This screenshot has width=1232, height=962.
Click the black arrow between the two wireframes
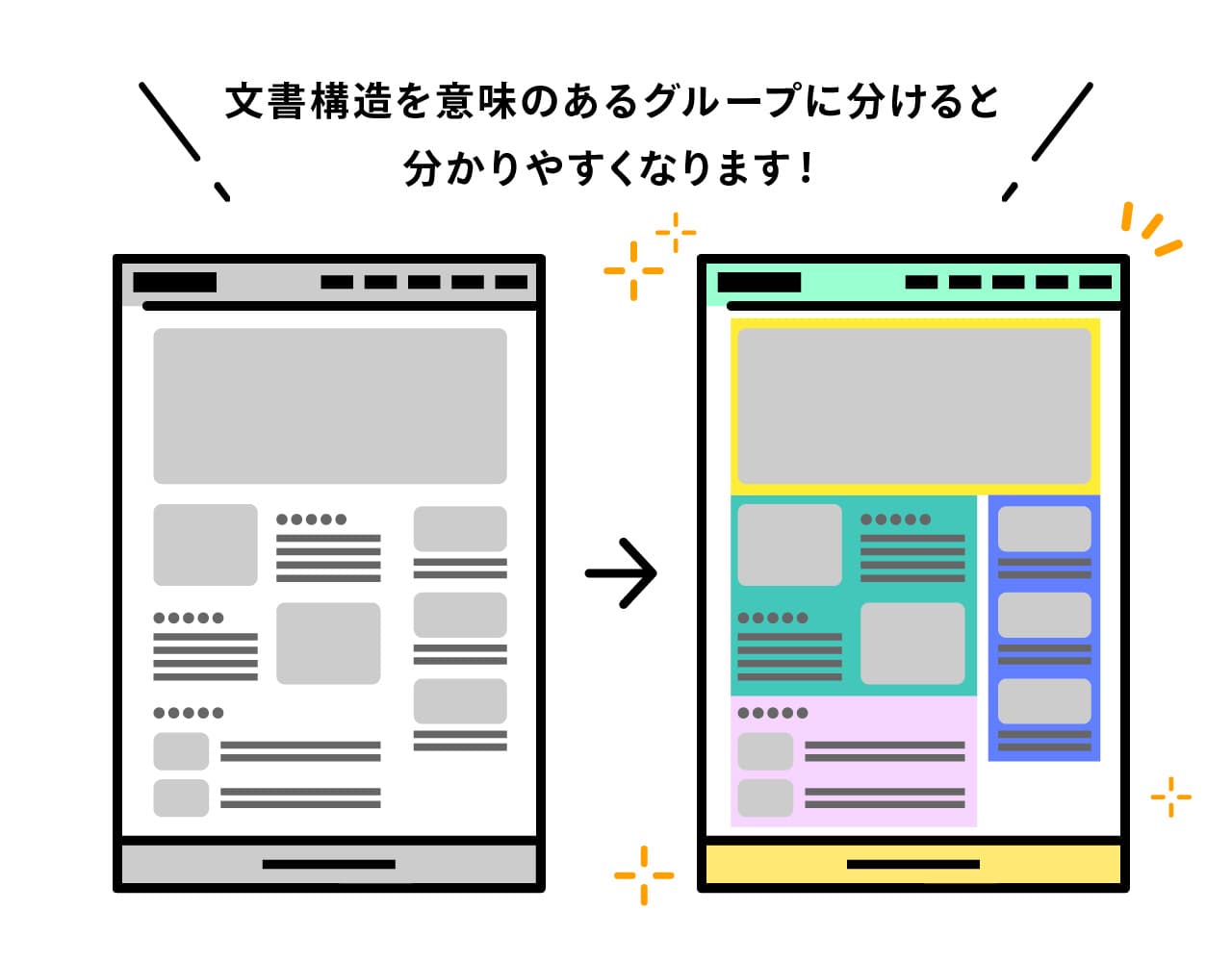tap(621, 572)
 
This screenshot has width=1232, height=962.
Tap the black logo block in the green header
tap(758, 282)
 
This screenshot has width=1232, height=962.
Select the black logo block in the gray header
tap(174, 282)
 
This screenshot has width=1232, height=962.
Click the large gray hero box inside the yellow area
tap(914, 406)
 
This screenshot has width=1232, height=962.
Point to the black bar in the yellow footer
tap(912, 864)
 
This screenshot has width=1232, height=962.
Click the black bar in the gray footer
tap(329, 864)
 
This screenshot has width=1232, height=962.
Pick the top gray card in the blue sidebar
tap(1044, 528)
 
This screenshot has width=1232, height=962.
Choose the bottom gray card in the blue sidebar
tap(1044, 701)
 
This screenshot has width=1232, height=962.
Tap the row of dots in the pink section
tap(773, 713)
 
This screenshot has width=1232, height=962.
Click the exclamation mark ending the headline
tap(805, 168)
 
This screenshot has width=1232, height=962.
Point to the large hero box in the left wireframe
tap(330, 406)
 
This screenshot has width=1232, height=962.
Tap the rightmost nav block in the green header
tap(1095, 282)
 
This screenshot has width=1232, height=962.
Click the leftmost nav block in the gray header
tap(337, 282)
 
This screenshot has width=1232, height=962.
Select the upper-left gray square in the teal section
tap(789, 544)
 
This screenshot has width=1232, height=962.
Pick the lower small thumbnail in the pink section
tap(765, 797)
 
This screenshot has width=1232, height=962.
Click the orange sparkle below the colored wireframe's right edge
tap(1170, 797)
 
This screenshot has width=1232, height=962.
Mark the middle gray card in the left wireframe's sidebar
tap(460, 615)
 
